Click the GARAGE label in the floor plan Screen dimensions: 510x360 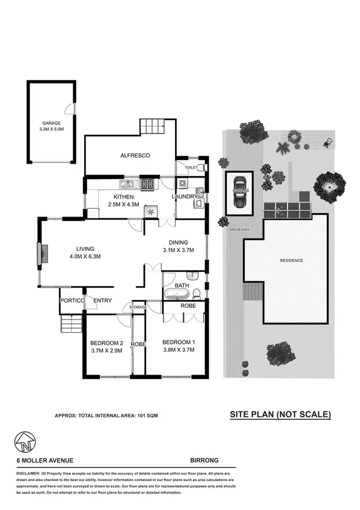[x=51, y=123]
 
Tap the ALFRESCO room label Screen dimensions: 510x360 [x=130, y=156]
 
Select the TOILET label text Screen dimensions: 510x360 [x=191, y=167]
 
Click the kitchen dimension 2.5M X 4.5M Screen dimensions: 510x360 [x=123, y=204]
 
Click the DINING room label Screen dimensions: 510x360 [x=178, y=242]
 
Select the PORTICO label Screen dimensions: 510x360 [x=71, y=301]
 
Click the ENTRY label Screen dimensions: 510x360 [x=102, y=301]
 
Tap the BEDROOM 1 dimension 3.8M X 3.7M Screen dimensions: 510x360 [x=178, y=350]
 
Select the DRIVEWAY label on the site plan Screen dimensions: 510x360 [x=239, y=230]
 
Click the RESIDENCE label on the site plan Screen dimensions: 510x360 [x=291, y=260]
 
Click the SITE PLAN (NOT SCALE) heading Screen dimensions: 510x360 [x=281, y=414]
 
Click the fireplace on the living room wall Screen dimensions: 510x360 [x=41, y=254]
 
